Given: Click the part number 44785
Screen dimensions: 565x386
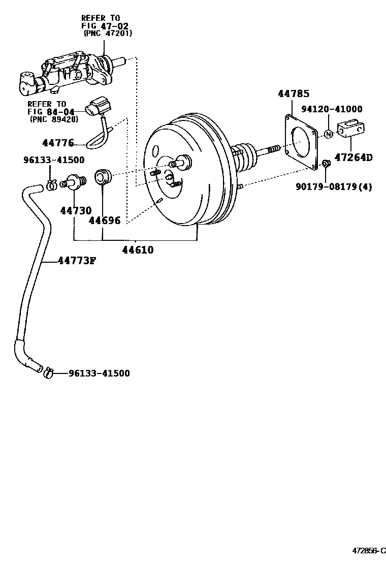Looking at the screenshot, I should [x=293, y=94].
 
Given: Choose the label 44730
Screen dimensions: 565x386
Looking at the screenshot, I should [x=75, y=210].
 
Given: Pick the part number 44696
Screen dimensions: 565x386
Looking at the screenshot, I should [x=105, y=220].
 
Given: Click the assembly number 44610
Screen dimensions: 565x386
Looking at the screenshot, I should [x=137, y=250].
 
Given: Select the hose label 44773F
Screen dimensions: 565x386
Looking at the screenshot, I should [x=77, y=261].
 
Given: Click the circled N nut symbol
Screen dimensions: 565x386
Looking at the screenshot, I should [x=329, y=134].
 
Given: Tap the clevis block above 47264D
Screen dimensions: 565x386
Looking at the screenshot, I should [x=351, y=129].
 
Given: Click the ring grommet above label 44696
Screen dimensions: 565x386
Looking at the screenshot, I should [x=103, y=175].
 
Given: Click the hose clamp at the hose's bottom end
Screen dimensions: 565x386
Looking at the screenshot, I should [x=48, y=373].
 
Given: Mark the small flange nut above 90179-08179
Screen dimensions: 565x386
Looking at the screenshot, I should [x=327, y=163].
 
